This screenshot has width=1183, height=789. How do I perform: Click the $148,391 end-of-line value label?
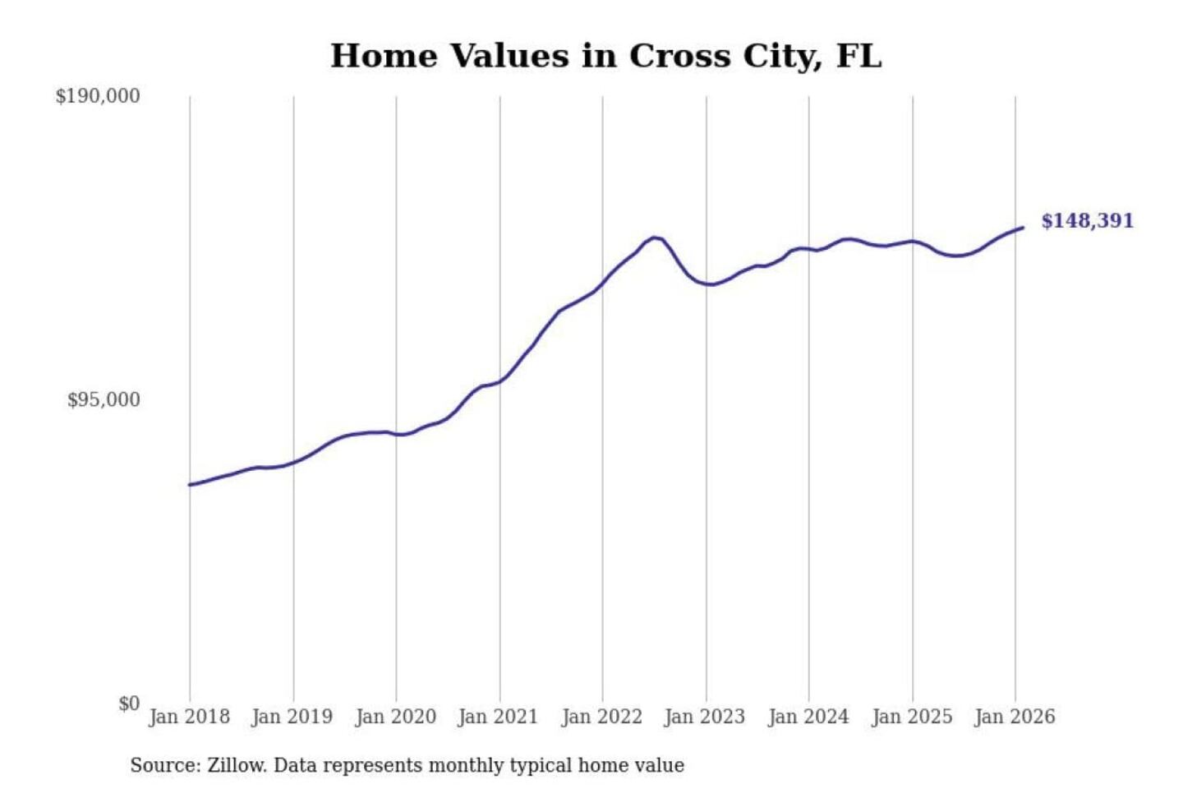pyautogui.click(x=1087, y=220)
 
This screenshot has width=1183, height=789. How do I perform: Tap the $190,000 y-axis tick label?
pyautogui.click(x=98, y=96)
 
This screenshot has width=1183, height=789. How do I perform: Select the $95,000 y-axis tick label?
pyautogui.click(x=104, y=400)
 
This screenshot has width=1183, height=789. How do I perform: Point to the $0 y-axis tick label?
pyautogui.click(x=129, y=704)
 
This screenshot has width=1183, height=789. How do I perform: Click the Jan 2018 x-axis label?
pyautogui.click(x=189, y=717)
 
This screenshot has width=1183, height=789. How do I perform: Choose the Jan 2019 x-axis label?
pyautogui.click(x=292, y=717)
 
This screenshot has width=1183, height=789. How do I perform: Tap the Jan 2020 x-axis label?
pyautogui.click(x=395, y=717)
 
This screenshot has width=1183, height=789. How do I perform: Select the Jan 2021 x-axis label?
pyautogui.click(x=498, y=717)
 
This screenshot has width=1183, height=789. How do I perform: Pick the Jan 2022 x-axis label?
pyautogui.click(x=601, y=717)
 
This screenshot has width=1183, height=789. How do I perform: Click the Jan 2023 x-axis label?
pyautogui.click(x=704, y=717)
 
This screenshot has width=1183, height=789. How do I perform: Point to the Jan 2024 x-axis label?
pyautogui.click(x=808, y=717)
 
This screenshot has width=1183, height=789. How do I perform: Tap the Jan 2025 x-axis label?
pyautogui.click(x=911, y=717)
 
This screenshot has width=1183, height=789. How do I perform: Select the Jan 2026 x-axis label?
pyautogui.click(x=1014, y=717)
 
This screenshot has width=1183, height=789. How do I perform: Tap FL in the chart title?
pyautogui.click(x=858, y=56)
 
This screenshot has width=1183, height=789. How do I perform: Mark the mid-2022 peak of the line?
pyautogui.click(x=654, y=238)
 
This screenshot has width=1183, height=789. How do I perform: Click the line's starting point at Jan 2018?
pyautogui.click(x=190, y=485)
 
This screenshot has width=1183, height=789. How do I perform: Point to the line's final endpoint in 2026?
pyautogui.click(x=1023, y=228)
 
